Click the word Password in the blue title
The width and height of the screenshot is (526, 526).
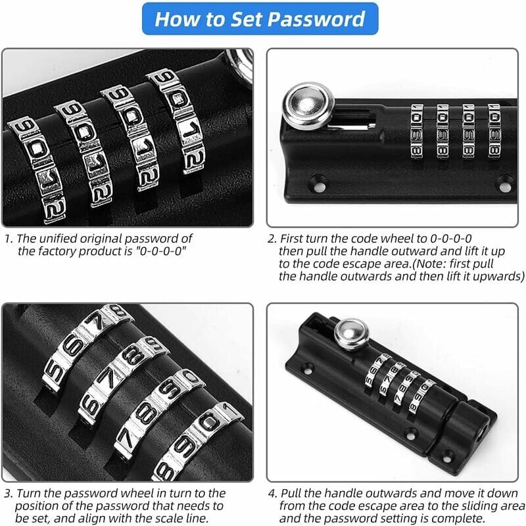(x=316, y=19)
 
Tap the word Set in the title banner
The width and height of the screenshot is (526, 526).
(x=246, y=19)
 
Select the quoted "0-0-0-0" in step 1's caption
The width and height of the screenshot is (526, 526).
(x=160, y=251)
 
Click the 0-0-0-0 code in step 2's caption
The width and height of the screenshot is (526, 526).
(x=451, y=239)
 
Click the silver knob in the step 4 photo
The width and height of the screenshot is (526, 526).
(x=352, y=333)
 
